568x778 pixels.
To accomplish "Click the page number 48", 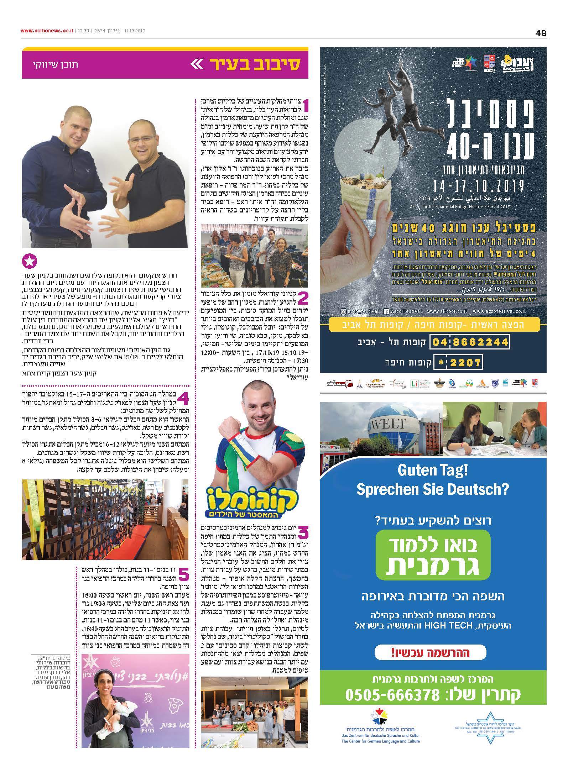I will pyautogui.click(x=540, y=33).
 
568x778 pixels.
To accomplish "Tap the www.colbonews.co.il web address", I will pyautogui.click(x=47, y=31).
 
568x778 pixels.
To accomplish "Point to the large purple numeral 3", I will pyautogui.click(x=303, y=532).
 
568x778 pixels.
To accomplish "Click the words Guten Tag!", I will pyautogui.click(x=432, y=471).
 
